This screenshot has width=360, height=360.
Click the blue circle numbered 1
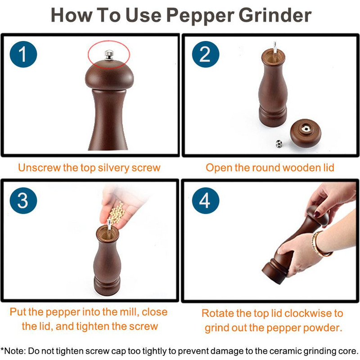click(x=23, y=54)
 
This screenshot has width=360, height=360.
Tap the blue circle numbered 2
click(x=206, y=54)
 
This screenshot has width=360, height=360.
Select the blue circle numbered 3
click(x=23, y=201)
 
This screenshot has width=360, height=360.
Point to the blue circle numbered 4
click(x=206, y=201)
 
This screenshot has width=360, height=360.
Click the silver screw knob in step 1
click(x=109, y=55)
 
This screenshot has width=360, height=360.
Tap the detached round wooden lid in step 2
click(x=306, y=133)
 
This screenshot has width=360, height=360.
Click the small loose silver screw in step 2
click(x=279, y=144)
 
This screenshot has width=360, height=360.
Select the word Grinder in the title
click(x=275, y=15)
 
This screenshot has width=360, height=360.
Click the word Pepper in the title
click(x=200, y=16)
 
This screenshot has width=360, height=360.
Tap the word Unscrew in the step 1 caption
click(x=40, y=167)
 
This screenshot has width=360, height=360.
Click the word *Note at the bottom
click(x=13, y=351)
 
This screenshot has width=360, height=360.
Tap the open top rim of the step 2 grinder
click(x=273, y=56)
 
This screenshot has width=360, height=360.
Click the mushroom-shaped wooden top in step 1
click(x=109, y=75)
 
